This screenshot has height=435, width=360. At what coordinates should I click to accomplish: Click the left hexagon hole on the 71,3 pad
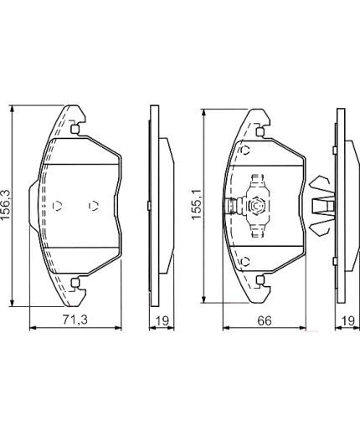tap(58, 206)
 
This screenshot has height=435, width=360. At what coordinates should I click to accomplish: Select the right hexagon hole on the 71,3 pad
tap(94, 206)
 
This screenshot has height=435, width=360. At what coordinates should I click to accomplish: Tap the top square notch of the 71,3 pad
tap(76, 130)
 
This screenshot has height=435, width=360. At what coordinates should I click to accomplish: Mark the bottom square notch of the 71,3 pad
tap(76, 282)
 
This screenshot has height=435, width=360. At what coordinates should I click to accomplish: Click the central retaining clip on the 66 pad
tap(255, 206)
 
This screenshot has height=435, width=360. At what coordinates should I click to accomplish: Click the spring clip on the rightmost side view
tap(321, 206)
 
